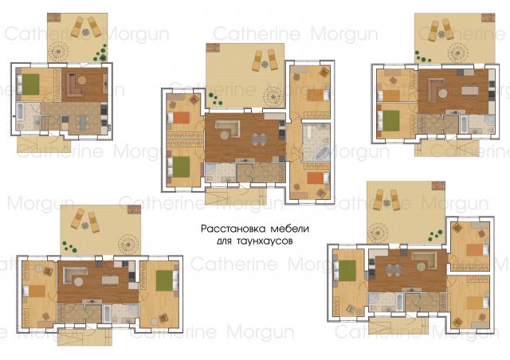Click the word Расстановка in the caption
233,229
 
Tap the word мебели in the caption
289,229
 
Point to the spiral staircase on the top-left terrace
59,51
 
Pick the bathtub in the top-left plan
20,112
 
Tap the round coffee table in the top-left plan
82,80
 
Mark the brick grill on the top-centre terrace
213,48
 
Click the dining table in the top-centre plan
258,139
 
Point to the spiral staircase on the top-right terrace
458,52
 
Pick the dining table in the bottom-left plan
110,280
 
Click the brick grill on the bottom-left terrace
135,209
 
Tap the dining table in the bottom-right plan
394,270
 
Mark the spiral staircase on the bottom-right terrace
378,233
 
